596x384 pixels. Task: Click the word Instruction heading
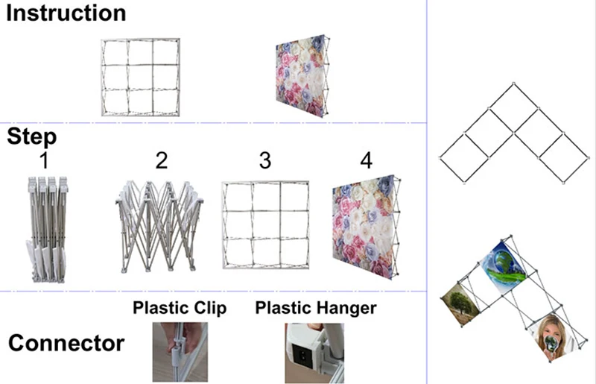tap(66, 13)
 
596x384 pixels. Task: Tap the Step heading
tap(32, 137)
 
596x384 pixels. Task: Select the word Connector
tap(66, 344)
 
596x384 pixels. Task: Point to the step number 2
tap(162, 160)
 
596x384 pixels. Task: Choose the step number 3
tap(265, 160)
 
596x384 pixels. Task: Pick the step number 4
tap(365, 160)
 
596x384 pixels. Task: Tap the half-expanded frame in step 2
tap(160, 227)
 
